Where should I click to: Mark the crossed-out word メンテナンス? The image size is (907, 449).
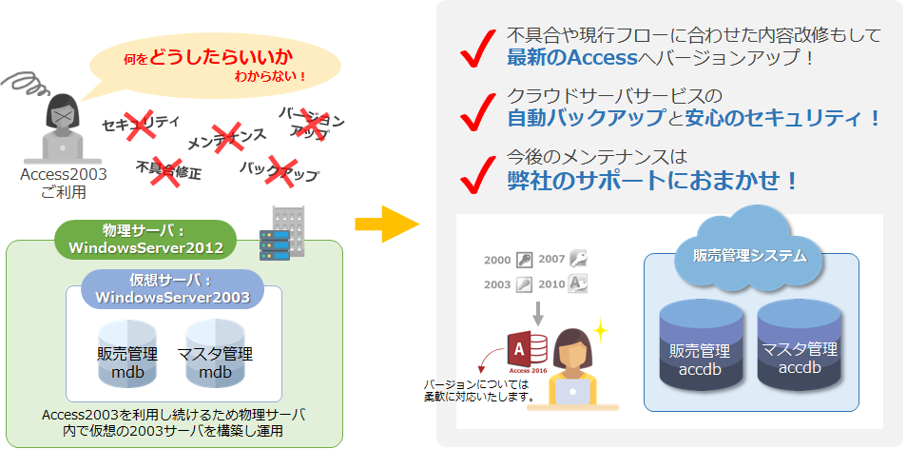[x=226, y=139]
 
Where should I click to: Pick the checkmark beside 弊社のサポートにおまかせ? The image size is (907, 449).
[x=477, y=169]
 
